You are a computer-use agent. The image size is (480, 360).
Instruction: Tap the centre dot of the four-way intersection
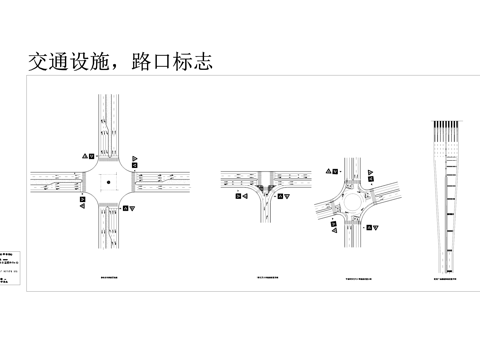107,182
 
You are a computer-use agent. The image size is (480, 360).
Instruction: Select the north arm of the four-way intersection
107,125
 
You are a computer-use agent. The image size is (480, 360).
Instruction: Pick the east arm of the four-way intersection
165,182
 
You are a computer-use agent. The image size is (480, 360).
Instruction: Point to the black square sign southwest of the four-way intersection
82,203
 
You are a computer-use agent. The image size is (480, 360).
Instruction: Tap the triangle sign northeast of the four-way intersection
135,158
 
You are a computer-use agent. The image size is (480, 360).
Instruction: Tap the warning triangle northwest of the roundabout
327,172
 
